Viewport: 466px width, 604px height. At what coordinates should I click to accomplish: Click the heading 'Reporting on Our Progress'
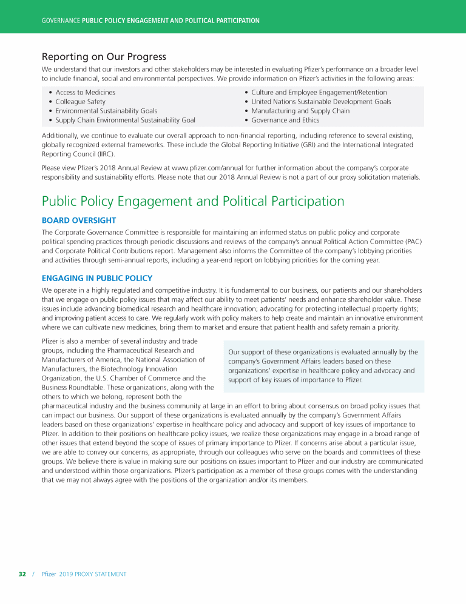104,57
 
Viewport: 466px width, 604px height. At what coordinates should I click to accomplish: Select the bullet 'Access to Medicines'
86,92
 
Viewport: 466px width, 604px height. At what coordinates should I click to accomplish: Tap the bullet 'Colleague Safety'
80,102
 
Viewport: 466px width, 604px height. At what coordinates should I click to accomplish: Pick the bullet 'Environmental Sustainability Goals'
106,111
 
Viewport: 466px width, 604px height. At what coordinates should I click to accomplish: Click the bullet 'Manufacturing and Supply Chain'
300,111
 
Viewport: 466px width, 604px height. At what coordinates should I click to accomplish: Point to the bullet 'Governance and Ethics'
285,120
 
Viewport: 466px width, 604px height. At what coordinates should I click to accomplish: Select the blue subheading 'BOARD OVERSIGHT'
79,220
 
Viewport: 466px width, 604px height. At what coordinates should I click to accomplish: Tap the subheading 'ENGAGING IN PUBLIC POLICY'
97,278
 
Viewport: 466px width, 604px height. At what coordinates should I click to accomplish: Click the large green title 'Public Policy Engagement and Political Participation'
193,201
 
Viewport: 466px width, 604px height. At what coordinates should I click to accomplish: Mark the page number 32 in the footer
22,574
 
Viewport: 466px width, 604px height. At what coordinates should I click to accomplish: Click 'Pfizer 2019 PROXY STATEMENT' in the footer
84,574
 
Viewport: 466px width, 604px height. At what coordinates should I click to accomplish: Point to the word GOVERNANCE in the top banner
61,21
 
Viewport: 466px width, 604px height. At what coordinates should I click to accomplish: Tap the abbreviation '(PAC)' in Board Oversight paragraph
411,242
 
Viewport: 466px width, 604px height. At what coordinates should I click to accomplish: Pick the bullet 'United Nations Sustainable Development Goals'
321,102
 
